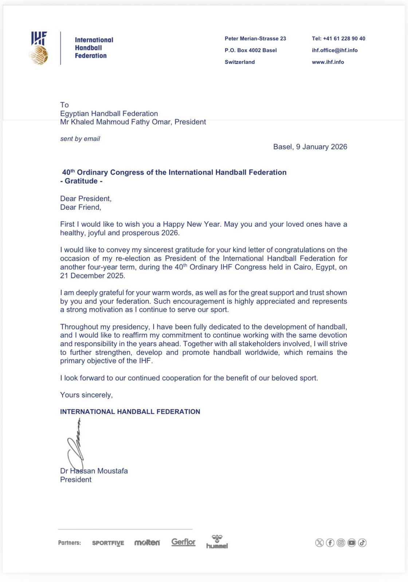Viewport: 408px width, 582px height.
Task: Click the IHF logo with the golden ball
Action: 39,48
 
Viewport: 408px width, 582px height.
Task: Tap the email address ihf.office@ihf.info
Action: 334,50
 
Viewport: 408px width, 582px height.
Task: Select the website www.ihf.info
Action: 328,62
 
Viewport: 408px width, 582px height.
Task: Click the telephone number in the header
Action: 338,39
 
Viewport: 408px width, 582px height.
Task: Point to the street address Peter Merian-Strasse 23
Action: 255,39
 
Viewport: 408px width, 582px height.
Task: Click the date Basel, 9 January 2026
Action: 310,147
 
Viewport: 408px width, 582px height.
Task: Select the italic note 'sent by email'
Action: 80,139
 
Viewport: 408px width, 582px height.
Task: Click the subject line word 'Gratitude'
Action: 81,181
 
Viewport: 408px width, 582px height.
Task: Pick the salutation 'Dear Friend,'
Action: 81,207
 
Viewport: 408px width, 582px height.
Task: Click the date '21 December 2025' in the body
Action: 93,276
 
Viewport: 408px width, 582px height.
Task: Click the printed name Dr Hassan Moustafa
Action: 94,471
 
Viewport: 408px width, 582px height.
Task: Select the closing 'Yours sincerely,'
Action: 86,395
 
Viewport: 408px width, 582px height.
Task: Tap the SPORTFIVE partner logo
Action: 108,543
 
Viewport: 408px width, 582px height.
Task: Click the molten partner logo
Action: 147,543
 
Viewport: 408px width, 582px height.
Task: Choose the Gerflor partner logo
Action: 184,542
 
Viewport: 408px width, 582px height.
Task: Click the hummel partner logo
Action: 217,542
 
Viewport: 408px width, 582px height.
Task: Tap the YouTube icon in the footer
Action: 352,543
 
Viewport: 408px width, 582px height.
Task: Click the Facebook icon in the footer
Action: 330,543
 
